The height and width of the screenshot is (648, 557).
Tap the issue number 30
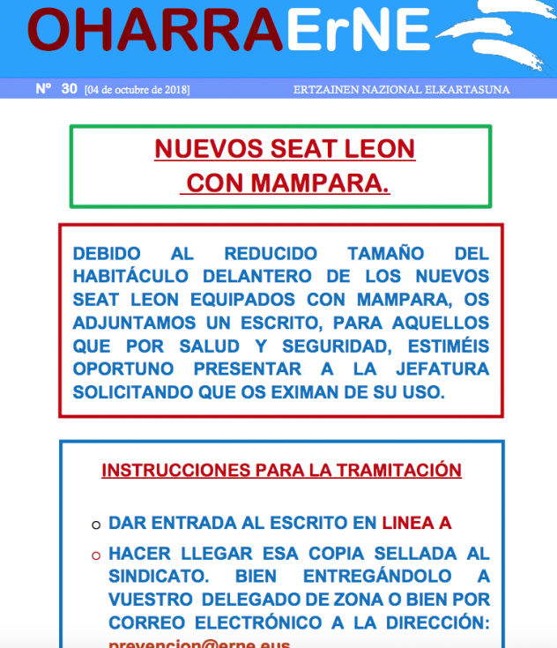[70, 88]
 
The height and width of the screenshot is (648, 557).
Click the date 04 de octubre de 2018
[137, 90]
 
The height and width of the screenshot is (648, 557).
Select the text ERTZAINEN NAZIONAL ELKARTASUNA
[401, 90]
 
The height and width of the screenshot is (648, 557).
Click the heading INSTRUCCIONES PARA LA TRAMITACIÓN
[281, 470]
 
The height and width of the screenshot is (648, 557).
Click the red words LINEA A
[416, 523]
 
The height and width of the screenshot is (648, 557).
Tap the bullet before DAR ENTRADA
[95, 525]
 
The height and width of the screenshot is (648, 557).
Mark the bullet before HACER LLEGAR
[95, 556]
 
